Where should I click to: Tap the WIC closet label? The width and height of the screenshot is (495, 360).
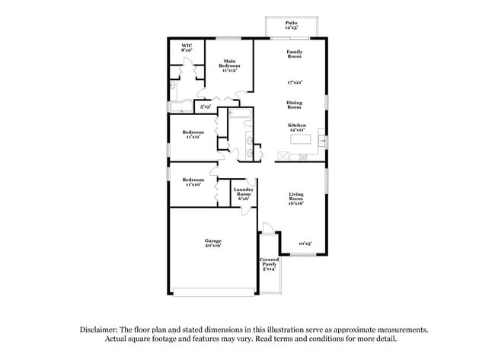click(x=186, y=48)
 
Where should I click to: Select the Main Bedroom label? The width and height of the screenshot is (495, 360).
click(x=229, y=66)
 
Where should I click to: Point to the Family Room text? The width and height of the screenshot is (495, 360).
click(x=294, y=53)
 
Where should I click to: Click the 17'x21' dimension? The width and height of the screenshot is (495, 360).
click(x=294, y=81)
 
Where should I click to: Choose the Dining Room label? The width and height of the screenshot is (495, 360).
click(x=294, y=104)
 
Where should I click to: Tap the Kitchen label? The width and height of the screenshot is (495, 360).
click(x=297, y=127)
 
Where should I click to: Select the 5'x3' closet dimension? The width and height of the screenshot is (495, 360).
click(x=205, y=107)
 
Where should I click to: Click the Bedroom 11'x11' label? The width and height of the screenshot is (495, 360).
click(x=193, y=134)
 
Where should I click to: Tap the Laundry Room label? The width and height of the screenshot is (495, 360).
click(x=243, y=193)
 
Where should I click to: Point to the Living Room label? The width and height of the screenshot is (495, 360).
click(x=295, y=199)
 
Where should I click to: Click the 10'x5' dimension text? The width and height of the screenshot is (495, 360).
click(x=305, y=244)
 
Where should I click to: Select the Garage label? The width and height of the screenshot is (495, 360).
click(x=212, y=243)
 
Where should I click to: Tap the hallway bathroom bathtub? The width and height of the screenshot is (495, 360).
click(x=241, y=116)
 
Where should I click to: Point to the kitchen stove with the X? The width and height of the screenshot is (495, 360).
click(x=283, y=157)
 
